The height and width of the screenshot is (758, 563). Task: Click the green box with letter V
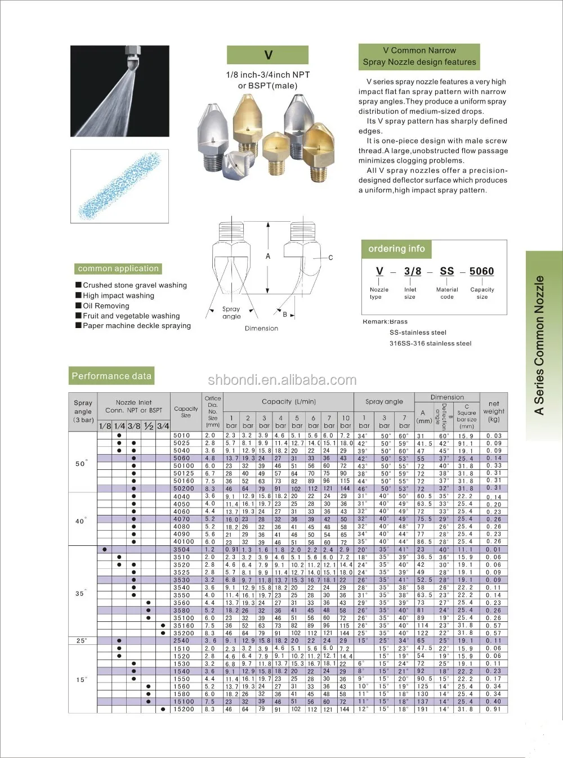[x=267, y=55]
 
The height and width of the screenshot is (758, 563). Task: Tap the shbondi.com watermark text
[x=282, y=380]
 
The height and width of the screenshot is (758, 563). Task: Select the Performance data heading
[x=111, y=376]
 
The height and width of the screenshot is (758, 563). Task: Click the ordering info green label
[x=396, y=249]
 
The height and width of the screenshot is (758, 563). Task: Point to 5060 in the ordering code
[x=481, y=271]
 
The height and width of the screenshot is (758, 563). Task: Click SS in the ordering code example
[x=446, y=271]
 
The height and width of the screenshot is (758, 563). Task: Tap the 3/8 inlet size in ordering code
[x=412, y=271]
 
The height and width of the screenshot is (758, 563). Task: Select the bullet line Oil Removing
[x=106, y=306]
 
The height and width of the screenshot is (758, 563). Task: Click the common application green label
[x=118, y=269]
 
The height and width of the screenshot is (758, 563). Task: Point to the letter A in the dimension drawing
[x=268, y=256]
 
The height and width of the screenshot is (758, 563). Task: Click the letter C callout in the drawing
[x=330, y=258]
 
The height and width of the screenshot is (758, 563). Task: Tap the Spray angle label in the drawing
[x=231, y=312]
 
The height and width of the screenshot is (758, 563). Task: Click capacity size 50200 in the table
[x=184, y=488]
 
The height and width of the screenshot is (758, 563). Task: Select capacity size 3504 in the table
[x=181, y=549]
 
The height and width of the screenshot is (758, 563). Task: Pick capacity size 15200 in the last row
[x=184, y=709]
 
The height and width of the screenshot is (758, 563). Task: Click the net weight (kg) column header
[x=494, y=411]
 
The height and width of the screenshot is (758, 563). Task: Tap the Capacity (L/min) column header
[x=288, y=402]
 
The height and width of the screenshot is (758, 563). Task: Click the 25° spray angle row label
[x=82, y=640]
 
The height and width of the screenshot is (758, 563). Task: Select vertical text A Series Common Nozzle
[x=539, y=346]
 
